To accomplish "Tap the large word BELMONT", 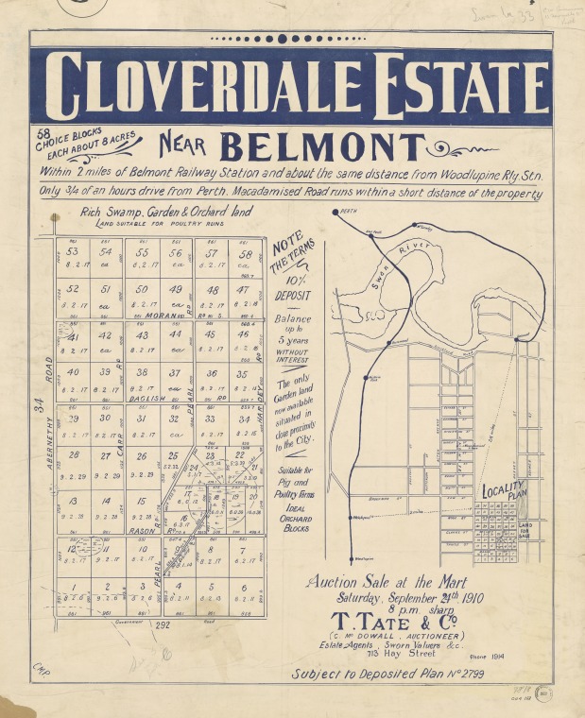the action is pos(322,148).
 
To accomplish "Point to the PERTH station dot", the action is pos(336,213).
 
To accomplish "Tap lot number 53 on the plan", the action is pos(72,252).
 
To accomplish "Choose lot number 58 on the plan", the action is pos(246,254).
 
